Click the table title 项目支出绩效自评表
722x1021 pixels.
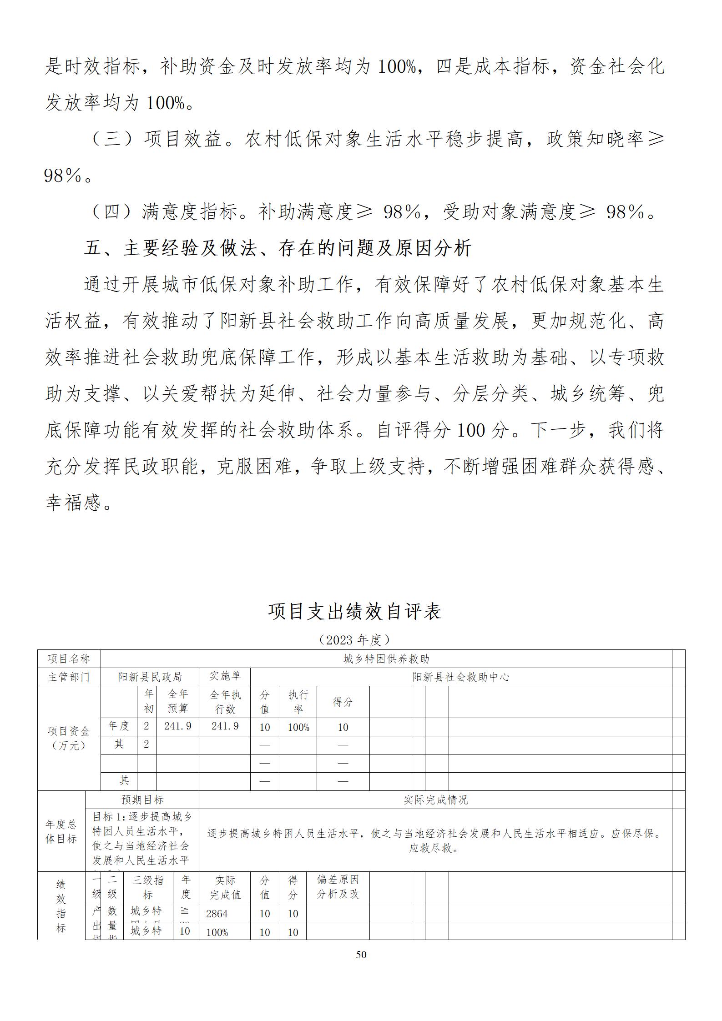(354, 612)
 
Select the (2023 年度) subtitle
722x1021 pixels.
(354, 640)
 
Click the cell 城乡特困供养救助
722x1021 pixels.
(386, 659)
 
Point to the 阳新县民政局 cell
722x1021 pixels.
(150, 677)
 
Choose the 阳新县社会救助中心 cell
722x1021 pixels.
(460, 677)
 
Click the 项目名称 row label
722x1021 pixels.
(69, 659)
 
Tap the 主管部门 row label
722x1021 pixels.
(69, 677)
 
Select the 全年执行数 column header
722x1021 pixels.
(225, 702)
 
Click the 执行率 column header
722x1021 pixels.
(298, 702)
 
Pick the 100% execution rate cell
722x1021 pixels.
(298, 727)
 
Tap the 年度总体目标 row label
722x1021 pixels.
(61, 832)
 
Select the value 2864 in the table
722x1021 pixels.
(217, 914)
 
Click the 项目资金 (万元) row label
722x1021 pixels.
(69, 738)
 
